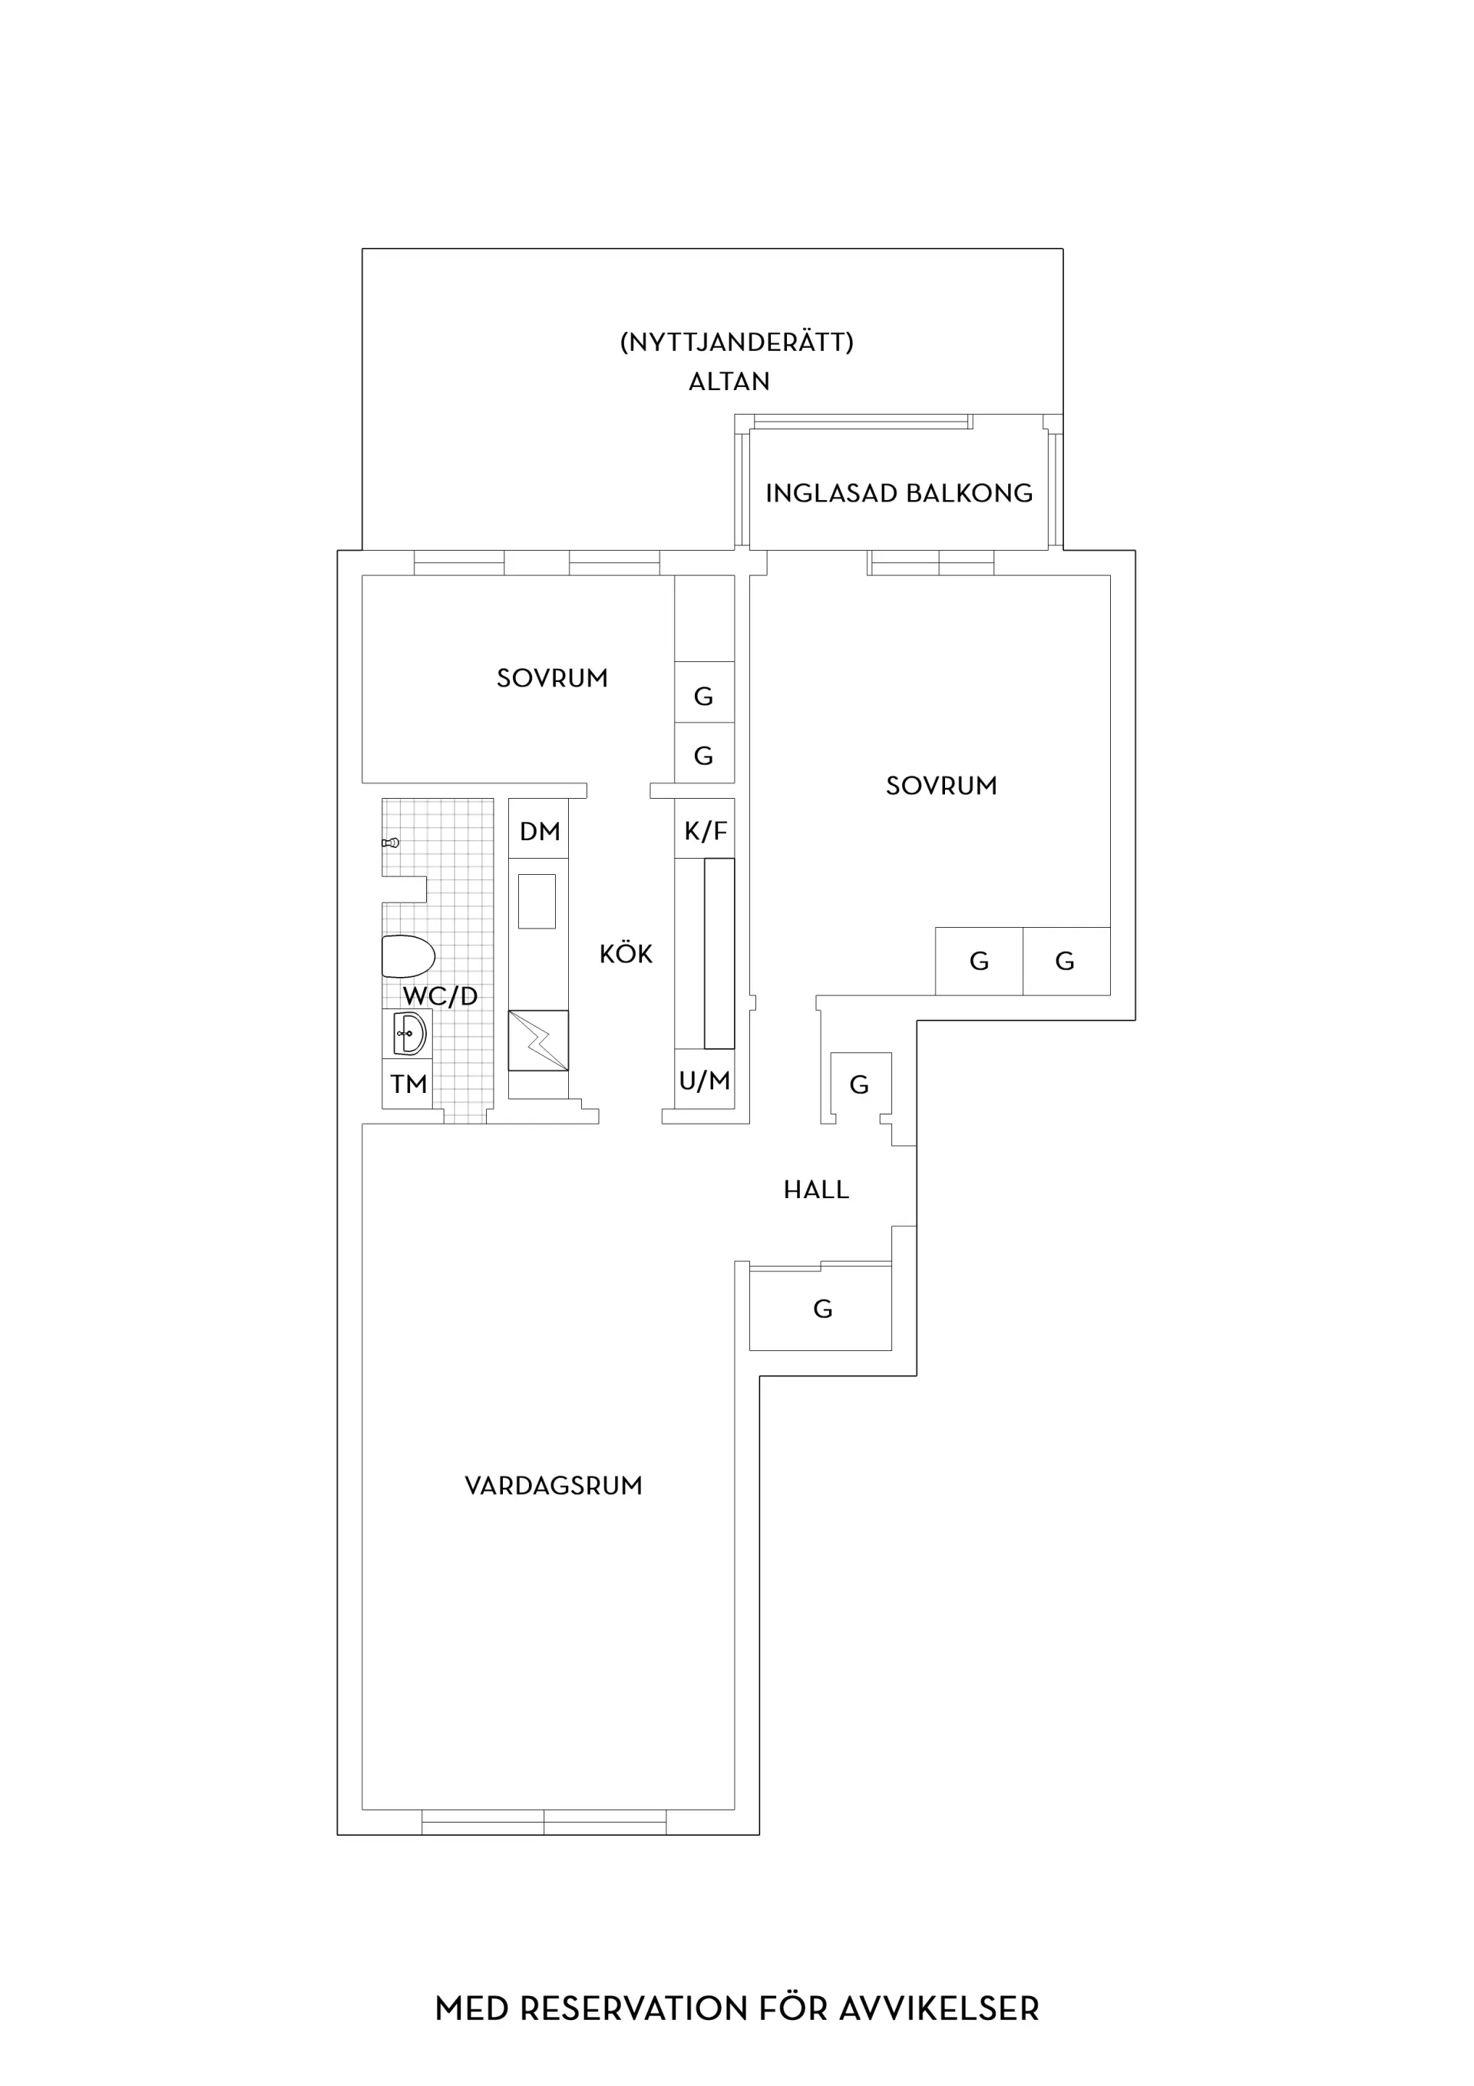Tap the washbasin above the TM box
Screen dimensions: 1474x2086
(x=410, y=1034)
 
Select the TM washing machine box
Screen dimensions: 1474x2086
(x=407, y=1084)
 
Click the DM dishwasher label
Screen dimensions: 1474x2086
(x=540, y=831)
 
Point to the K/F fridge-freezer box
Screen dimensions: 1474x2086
(x=705, y=829)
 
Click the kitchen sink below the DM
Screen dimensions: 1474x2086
(x=537, y=901)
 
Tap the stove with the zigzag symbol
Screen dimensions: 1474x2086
(x=539, y=1040)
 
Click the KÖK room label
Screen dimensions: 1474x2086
(x=626, y=953)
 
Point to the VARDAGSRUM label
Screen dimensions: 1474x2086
(x=553, y=1486)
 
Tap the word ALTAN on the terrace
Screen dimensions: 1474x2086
(x=729, y=382)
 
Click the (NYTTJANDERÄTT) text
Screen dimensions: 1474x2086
(x=736, y=343)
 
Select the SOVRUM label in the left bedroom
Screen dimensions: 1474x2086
(x=552, y=679)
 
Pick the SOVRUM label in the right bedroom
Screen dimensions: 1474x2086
(x=942, y=786)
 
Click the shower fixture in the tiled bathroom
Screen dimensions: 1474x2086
(x=391, y=843)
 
